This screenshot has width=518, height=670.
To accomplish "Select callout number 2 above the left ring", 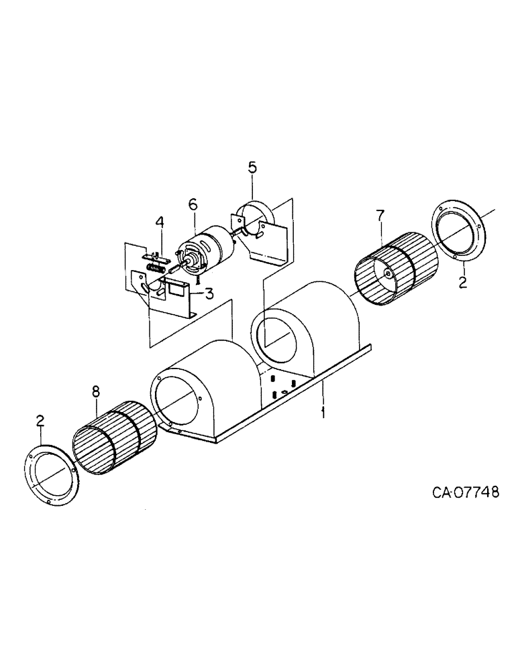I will pos(40,421).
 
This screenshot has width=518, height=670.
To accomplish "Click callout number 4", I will pos(159,221).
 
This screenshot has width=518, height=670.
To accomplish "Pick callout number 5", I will pos(252,167).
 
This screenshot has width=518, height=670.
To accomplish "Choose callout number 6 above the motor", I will pos(193,205).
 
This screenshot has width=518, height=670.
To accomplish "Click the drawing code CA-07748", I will pos(466,493).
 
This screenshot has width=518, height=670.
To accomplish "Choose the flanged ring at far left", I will pos(52,472).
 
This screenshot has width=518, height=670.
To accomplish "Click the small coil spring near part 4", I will pos(156,268).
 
